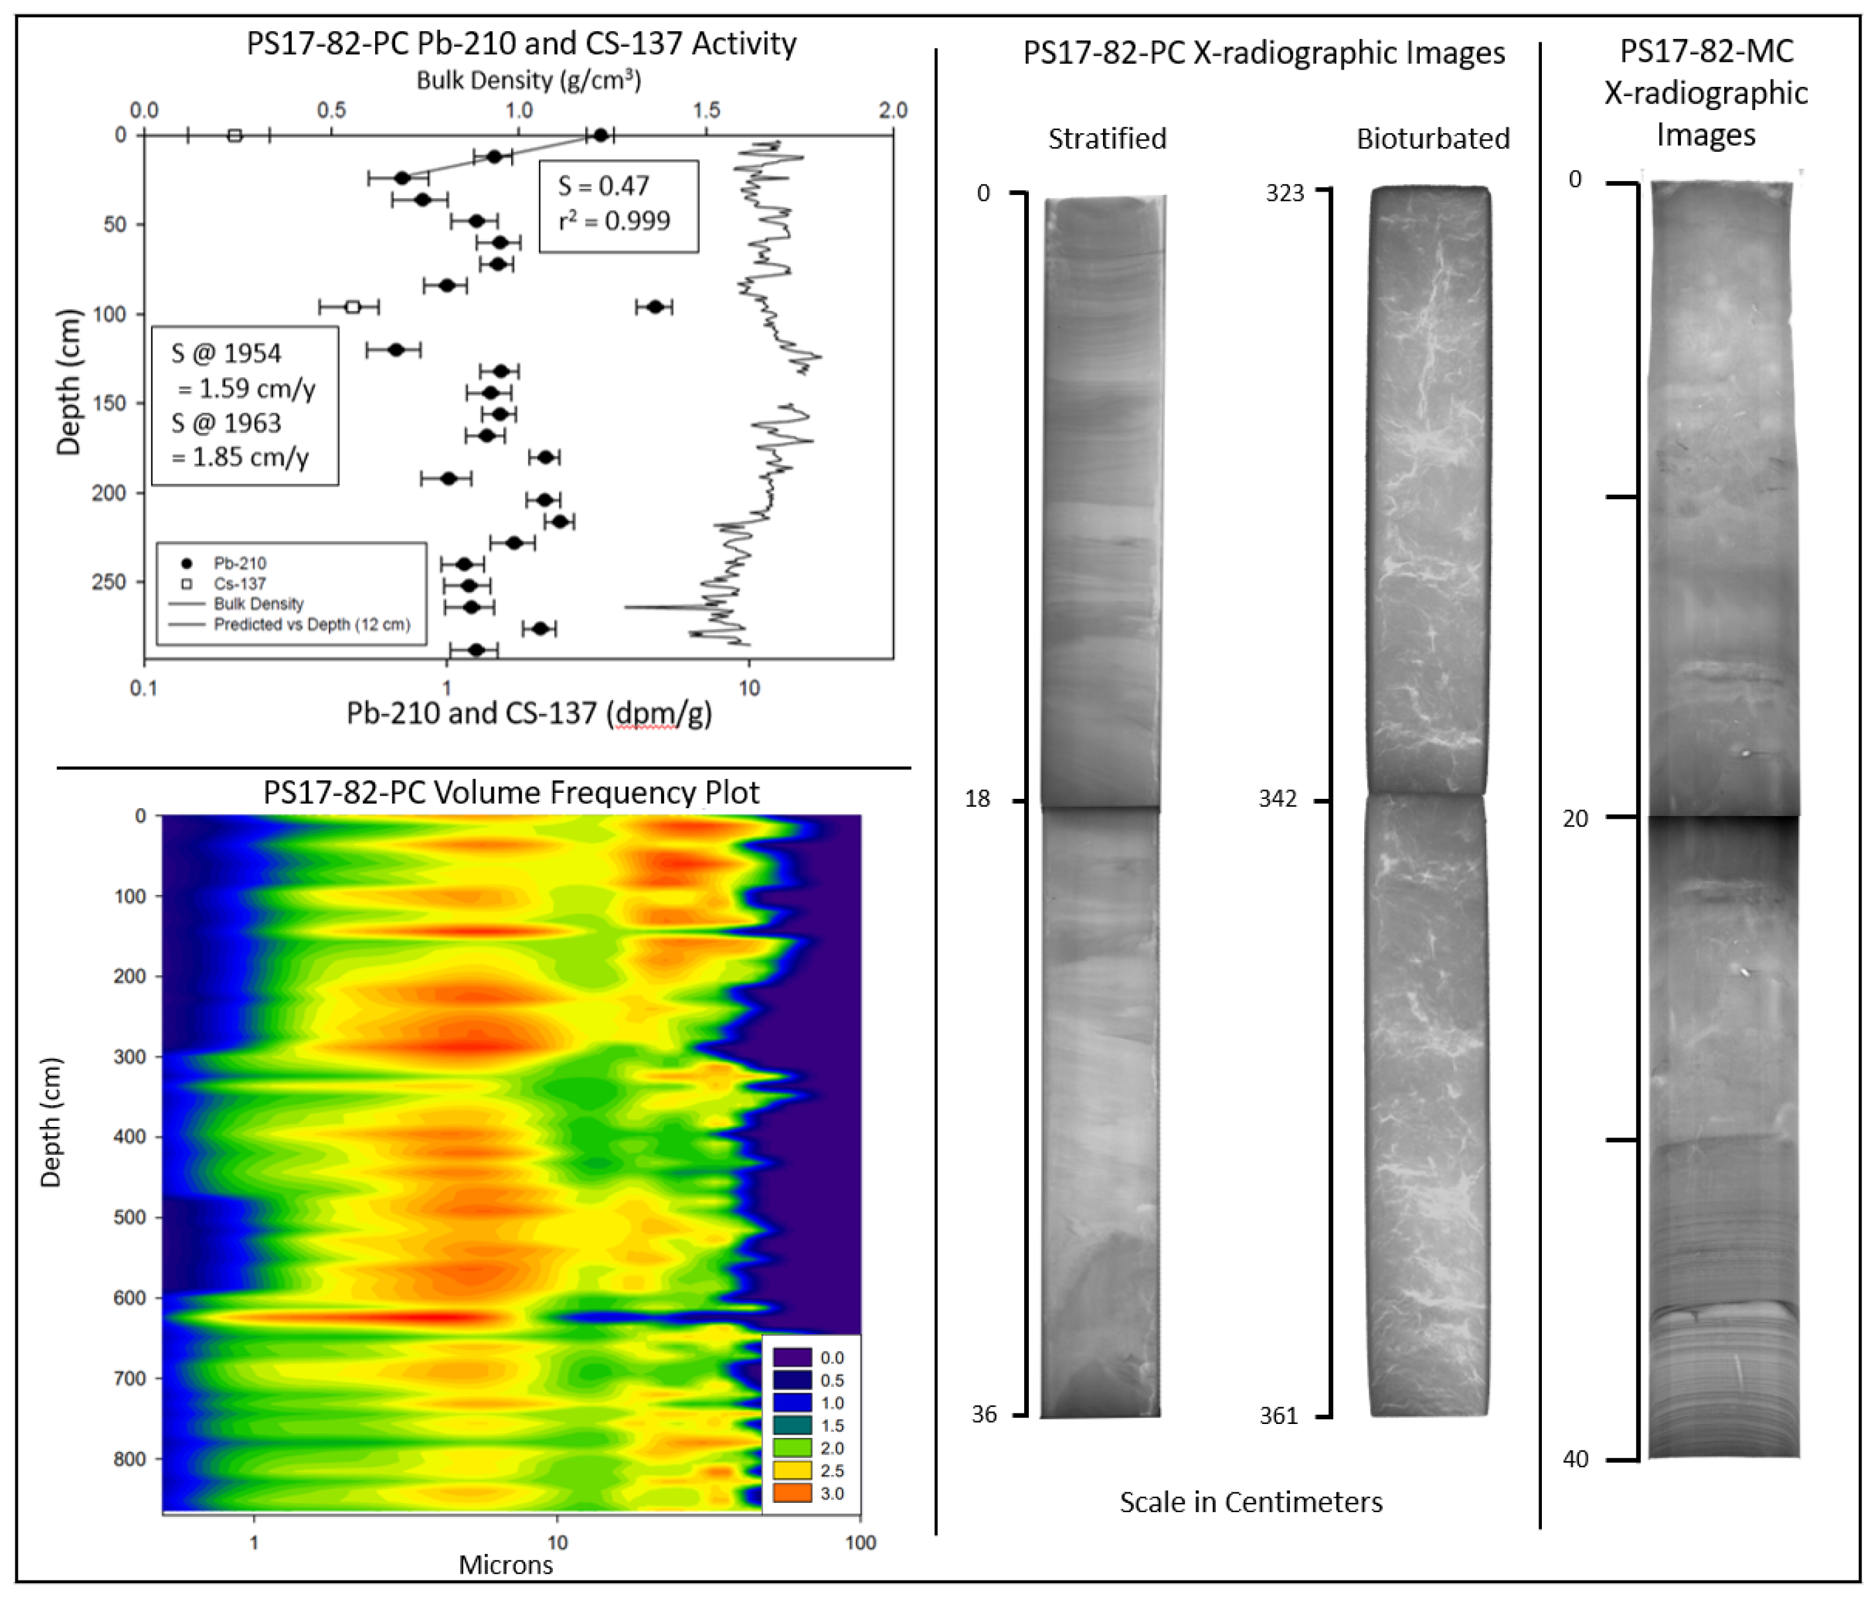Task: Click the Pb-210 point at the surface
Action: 601,135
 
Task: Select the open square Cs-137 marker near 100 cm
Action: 353,307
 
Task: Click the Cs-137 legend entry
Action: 239,583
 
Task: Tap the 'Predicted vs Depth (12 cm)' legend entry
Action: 311,624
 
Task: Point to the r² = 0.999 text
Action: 614,221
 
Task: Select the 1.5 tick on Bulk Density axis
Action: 705,110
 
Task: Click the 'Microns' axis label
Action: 505,1565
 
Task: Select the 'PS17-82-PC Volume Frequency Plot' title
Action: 510,792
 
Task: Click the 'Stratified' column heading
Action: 1107,139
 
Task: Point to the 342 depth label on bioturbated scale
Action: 1277,799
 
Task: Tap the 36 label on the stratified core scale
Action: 984,1414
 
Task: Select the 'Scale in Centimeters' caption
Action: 1250,1502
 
